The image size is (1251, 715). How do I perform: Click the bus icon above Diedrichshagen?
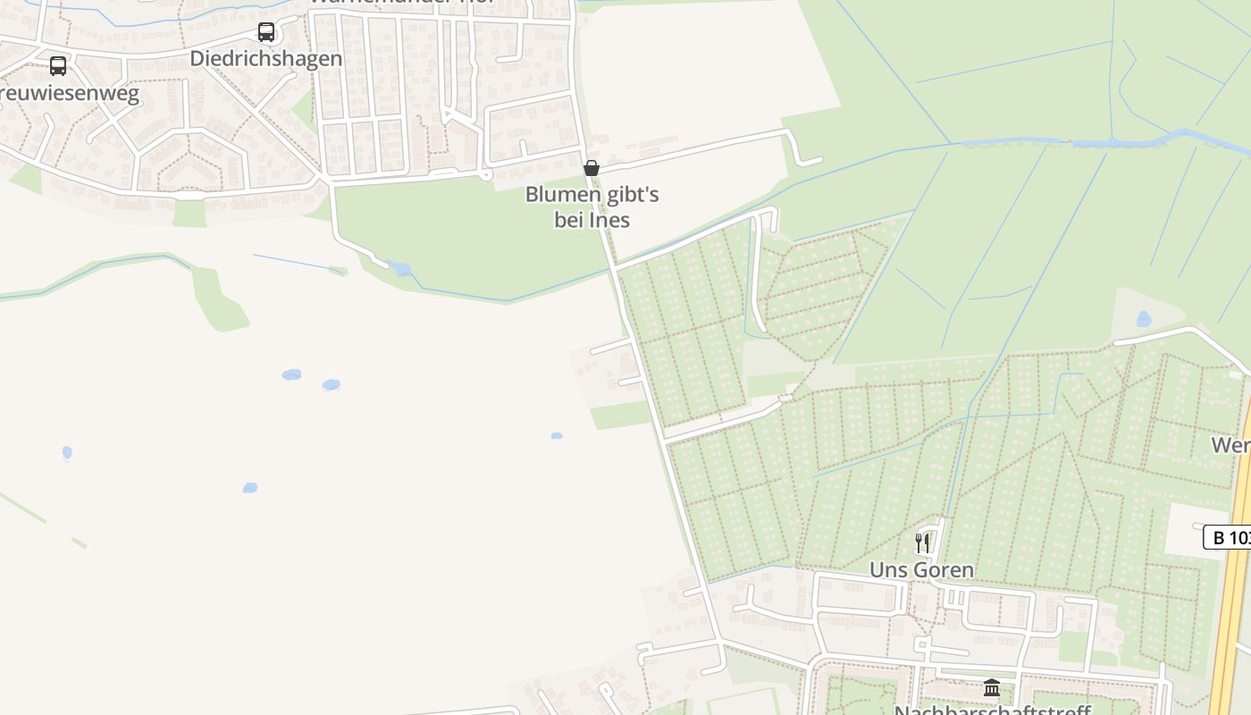click(266, 32)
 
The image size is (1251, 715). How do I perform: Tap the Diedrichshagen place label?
click(266, 59)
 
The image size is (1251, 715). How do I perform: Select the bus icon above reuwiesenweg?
click(58, 66)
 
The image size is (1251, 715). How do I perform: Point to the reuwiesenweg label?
click(70, 94)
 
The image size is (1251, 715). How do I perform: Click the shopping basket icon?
click(591, 168)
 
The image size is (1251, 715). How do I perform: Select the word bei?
click(570, 220)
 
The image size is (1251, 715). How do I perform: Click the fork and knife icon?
click(922, 543)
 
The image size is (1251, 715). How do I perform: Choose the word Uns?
click(887, 569)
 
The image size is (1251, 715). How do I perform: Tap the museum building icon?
click(992, 687)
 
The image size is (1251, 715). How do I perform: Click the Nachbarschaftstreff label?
click(992, 711)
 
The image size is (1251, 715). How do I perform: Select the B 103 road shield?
click(1228, 537)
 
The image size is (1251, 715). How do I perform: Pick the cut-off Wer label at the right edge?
click(1231, 444)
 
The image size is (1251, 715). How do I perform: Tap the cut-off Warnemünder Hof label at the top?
click(402, 3)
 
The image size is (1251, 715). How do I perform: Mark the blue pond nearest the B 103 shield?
click(1144, 318)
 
